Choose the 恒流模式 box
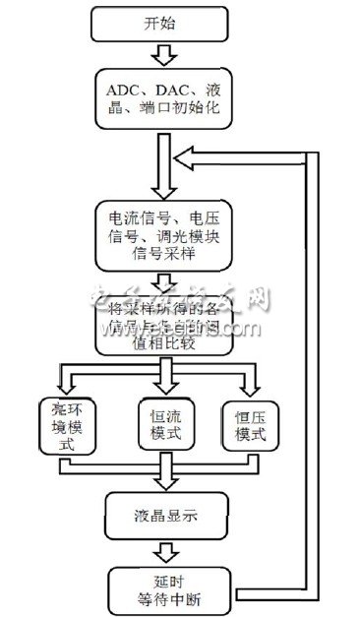pyautogui.click(x=165, y=423)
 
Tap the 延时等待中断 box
pyautogui.click(x=165, y=583)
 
